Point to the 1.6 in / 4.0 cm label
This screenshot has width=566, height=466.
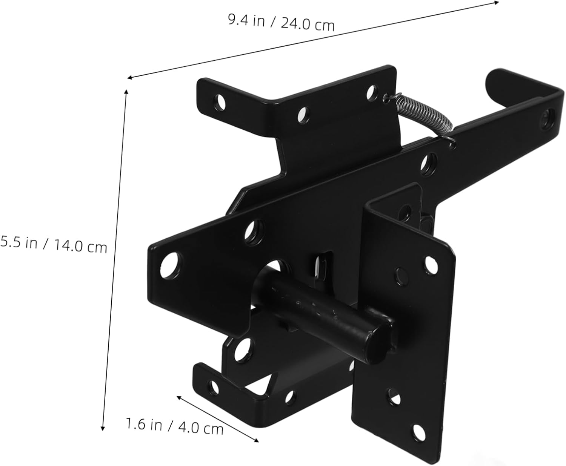click(x=174, y=426)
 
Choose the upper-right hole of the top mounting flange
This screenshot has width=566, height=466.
click(x=372, y=92)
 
